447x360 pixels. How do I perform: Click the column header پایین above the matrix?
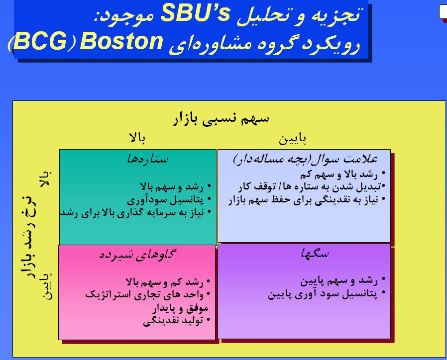(x=292, y=138)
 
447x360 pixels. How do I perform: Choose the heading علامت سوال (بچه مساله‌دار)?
(x=305, y=160)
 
